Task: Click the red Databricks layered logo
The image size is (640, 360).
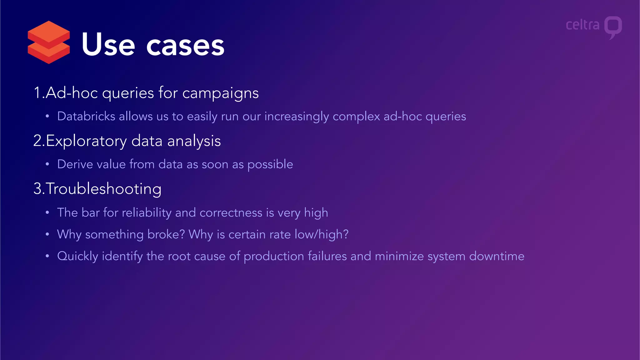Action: (x=49, y=42)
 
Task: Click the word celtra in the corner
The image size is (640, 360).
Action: (x=582, y=25)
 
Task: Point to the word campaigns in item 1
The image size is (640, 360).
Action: (x=220, y=93)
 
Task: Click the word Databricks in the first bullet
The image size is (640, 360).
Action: (x=86, y=116)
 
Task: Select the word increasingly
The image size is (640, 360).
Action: (x=297, y=117)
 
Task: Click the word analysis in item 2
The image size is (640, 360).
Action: (x=194, y=141)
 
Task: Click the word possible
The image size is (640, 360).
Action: (x=270, y=165)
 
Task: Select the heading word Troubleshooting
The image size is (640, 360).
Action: (x=103, y=189)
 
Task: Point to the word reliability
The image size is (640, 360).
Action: (x=147, y=213)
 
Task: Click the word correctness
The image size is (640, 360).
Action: (x=231, y=213)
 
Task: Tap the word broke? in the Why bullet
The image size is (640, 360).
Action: (x=166, y=234)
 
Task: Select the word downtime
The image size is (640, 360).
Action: (x=497, y=256)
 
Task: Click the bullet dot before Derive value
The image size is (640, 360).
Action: (x=47, y=164)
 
